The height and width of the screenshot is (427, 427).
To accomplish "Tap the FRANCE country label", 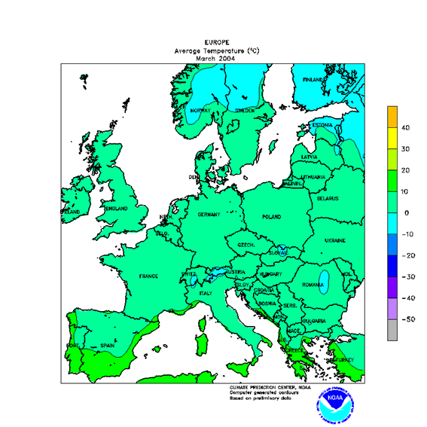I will click(148, 276).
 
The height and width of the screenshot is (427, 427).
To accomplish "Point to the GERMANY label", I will click(209, 215).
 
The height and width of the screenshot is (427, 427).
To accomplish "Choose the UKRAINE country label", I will click(334, 240).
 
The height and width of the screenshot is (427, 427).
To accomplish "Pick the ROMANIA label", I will click(314, 285).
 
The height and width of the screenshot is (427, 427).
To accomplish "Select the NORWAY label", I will click(200, 111).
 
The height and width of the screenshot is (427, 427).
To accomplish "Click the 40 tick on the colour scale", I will click(404, 128).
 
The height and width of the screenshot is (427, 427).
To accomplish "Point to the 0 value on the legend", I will click(407, 213).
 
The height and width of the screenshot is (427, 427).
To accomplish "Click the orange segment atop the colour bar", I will click(392, 117).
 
